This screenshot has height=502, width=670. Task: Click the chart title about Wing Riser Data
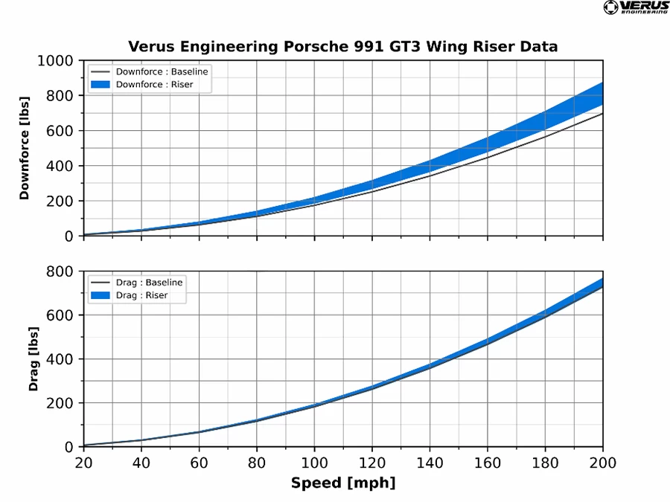coord(343,46)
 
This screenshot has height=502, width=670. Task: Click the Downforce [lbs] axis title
coord(25,149)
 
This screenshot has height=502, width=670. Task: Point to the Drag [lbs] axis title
coord(33,358)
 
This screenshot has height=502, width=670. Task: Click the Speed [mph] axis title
coord(343,483)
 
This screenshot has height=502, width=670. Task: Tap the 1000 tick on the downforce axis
coord(56,61)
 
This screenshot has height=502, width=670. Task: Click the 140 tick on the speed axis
coord(430,462)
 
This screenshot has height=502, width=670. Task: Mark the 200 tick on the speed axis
coord(602,462)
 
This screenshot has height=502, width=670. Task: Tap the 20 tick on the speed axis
coord(84,462)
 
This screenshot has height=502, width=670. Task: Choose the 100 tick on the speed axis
coord(314,462)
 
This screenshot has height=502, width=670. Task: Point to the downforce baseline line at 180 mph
coord(545,136)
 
